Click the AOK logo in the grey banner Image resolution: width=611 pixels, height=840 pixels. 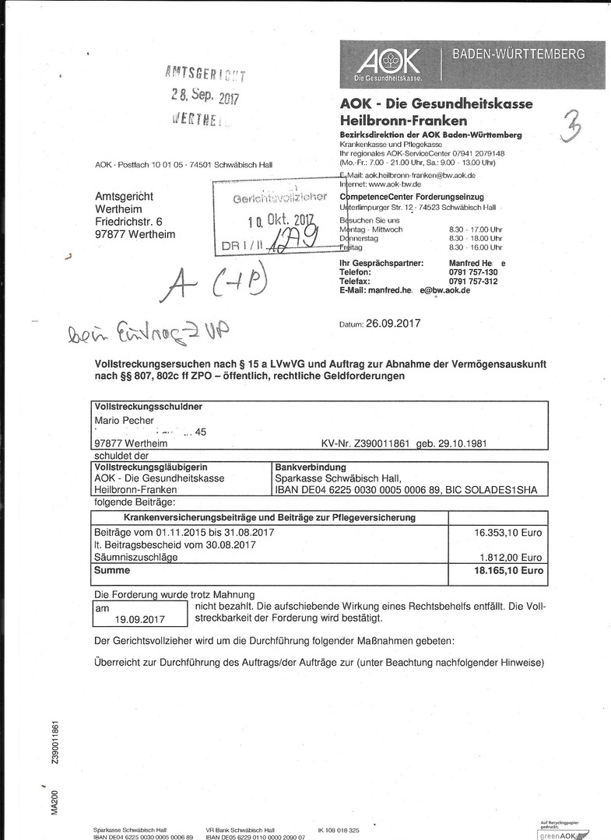coord(388,63)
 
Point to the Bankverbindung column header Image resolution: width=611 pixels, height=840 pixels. coord(307,467)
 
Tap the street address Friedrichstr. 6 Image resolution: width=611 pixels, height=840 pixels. coord(128,222)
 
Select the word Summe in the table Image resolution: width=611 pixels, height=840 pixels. coord(112,570)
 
